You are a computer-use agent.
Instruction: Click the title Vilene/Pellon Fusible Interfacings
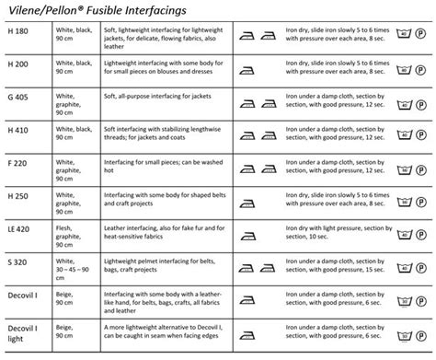click(x=110, y=12)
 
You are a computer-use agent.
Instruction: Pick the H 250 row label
click(x=21, y=196)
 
